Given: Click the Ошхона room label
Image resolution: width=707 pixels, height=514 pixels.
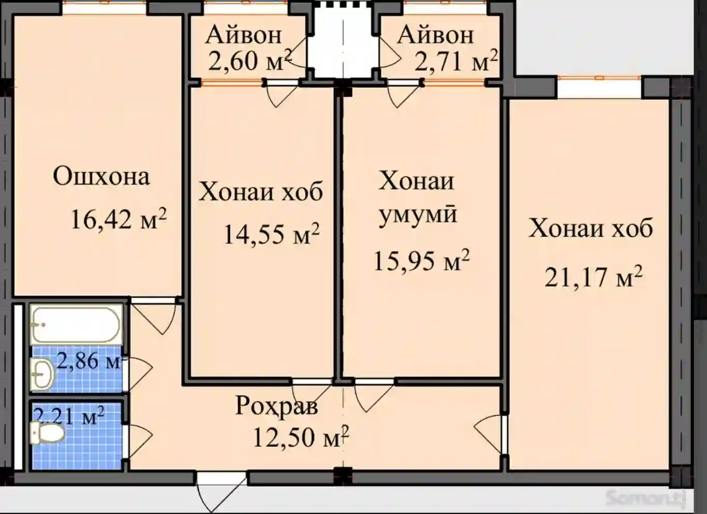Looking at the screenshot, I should (x=101, y=176).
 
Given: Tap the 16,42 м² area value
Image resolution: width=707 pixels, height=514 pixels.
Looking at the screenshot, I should (x=118, y=219).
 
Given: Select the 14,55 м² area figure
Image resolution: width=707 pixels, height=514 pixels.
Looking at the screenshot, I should (x=271, y=234).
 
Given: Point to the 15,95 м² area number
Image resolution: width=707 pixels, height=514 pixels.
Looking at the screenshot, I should (x=421, y=261).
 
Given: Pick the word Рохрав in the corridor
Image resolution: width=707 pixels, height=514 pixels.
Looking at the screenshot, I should (x=277, y=406).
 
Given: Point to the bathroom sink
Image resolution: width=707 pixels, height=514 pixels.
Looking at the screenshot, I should (x=41, y=373).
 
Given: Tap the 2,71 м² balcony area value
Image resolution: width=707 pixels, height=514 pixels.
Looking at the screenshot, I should (x=455, y=61).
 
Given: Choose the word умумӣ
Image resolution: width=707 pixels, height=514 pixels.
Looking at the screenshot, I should (x=418, y=214).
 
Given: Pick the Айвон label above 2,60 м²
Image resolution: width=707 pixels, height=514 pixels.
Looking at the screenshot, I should (x=243, y=35).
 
